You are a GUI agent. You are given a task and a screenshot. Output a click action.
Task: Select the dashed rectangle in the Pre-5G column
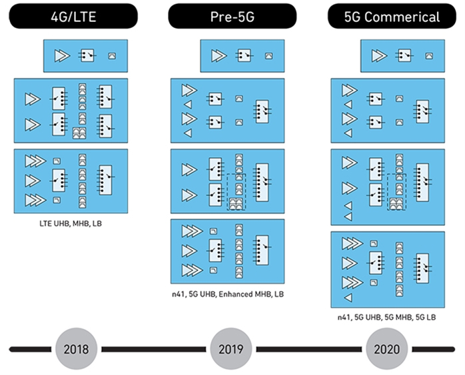236,191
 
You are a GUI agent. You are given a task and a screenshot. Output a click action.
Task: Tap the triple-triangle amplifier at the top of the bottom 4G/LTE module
34,161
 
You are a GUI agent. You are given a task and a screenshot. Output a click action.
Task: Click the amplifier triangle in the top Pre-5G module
219,56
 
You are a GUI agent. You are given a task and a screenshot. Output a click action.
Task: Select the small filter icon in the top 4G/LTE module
112,56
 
